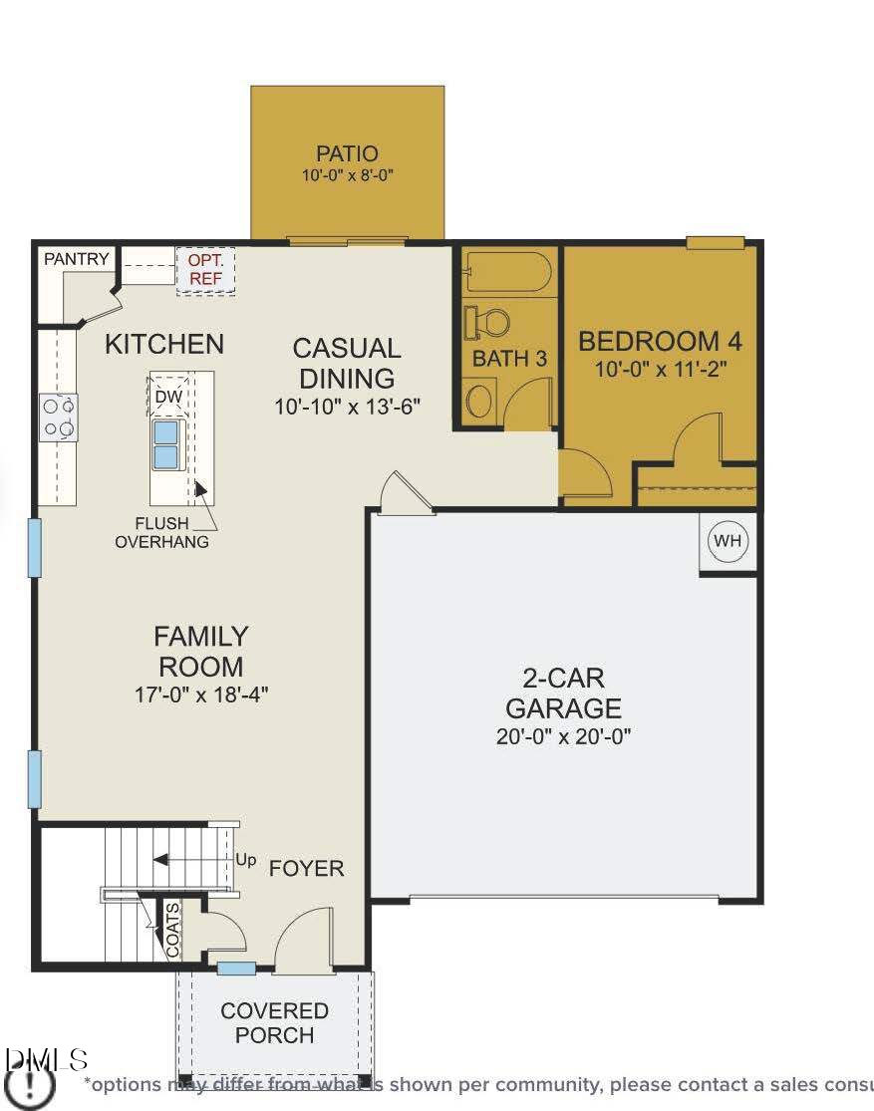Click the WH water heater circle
coord(728,541)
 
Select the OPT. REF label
coord(205,270)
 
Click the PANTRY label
coord(76,259)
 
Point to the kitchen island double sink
coord(165,444)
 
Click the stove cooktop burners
coord(59,417)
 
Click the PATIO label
coord(347,153)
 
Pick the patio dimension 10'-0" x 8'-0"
coord(347,175)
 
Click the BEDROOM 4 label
coord(660,341)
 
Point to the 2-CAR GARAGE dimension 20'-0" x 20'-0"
coord(563,736)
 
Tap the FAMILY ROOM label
coord(200,651)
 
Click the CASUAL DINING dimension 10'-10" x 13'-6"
coord(348,407)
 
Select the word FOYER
coord(306,868)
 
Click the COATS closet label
coord(172,930)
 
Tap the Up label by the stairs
coord(245,859)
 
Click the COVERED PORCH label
coord(274,1022)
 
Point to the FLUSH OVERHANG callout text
coord(161,532)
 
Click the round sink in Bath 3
coord(479,402)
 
